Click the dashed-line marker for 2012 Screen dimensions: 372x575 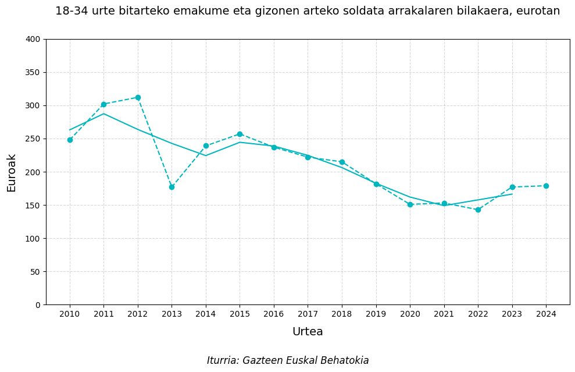tap(138, 98)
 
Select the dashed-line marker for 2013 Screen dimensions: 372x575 tap(172, 187)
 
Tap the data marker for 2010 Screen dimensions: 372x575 tap(70, 140)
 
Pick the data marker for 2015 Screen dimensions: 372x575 tap(240, 134)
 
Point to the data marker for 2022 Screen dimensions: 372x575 tap(478, 210)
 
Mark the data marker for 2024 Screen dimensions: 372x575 tap(546, 186)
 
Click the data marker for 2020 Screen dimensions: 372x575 tap(410, 204)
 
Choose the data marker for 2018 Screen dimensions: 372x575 tap(342, 162)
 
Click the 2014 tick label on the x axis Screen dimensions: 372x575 tap(206, 314)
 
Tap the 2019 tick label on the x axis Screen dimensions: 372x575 tap(376, 314)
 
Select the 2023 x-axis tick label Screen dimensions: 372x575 tap(512, 314)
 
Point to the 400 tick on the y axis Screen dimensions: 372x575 tap(34, 39)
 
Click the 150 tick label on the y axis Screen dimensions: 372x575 tap(34, 206)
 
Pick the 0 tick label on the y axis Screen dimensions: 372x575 tap(38, 305)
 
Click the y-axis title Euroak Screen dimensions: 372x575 tap(12, 172)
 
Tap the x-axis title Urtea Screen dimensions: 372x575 tap(308, 332)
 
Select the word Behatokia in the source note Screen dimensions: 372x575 tap(344, 361)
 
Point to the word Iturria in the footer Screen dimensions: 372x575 tap(224, 361)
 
